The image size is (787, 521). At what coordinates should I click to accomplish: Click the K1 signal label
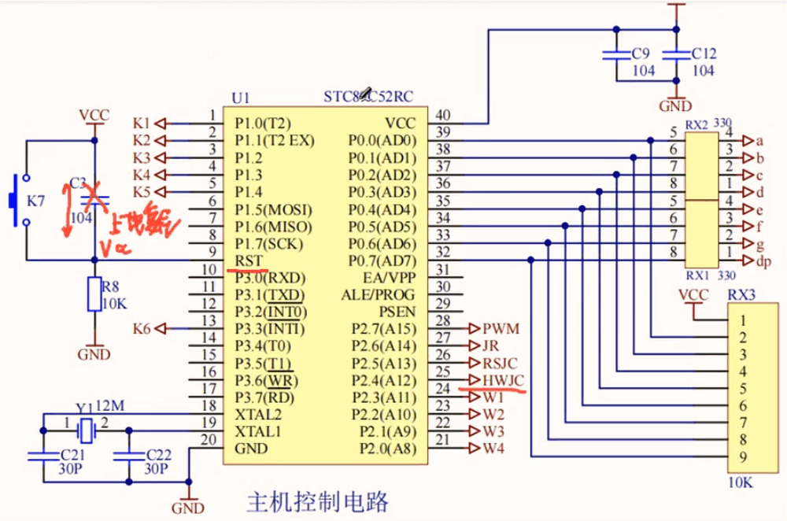pos(142,123)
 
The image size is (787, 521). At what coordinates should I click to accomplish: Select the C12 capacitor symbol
pos(674,54)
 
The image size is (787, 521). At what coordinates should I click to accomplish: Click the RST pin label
pos(248,261)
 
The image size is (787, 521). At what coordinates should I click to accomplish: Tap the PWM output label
pos(501,328)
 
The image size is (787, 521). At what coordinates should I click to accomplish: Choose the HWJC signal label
pos(504,380)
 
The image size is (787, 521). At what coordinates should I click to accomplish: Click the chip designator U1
pos(240,98)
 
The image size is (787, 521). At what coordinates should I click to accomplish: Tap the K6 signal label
pos(142,328)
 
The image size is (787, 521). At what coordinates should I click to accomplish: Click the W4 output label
pos(493,449)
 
